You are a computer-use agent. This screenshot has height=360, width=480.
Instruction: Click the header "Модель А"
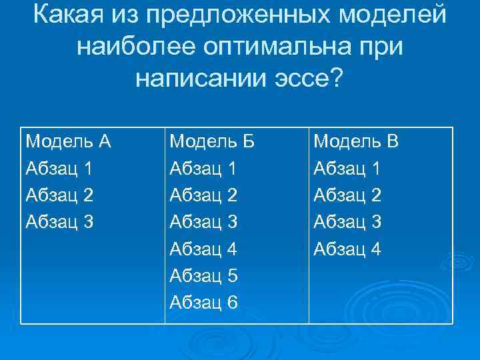point(67,141)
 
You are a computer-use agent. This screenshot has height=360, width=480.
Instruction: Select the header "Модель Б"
point(213,141)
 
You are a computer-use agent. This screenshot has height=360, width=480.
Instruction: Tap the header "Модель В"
point(356,141)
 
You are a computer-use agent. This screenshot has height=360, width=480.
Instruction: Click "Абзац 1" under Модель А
point(59,169)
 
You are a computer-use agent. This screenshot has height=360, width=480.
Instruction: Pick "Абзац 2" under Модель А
point(59,195)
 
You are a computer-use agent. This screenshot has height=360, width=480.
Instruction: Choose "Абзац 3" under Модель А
point(59,222)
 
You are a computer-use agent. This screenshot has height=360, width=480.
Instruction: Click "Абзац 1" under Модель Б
point(204,169)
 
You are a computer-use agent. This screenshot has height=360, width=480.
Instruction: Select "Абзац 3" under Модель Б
point(204,222)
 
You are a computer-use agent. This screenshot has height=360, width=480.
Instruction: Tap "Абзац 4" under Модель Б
point(204,249)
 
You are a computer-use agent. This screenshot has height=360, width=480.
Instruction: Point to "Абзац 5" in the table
point(204,276)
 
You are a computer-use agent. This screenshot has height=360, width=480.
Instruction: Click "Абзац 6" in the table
point(204,303)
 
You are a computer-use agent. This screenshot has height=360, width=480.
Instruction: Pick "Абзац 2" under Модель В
point(347,195)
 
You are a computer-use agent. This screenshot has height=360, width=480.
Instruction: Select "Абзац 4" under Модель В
point(347,249)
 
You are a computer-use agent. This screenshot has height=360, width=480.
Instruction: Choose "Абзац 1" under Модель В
point(347,169)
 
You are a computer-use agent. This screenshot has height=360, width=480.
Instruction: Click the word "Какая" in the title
point(71,14)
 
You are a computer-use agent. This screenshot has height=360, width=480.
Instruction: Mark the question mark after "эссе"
point(336,79)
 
